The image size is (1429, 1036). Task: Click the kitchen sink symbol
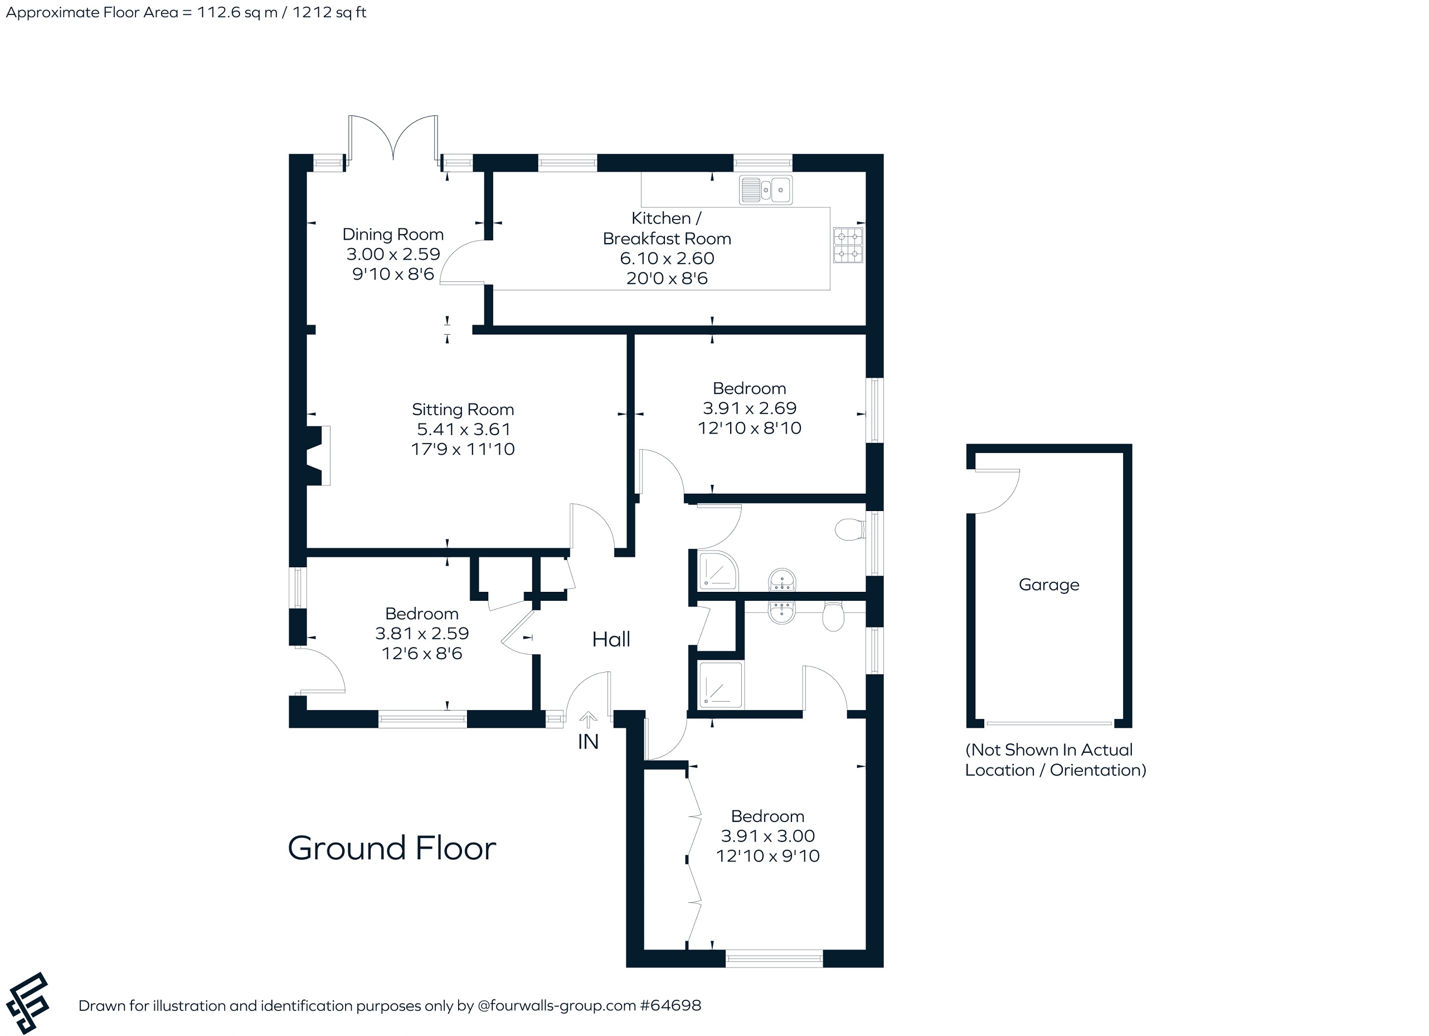coord(766,189)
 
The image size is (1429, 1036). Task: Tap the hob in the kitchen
coord(848,245)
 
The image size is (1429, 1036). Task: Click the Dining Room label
coord(393,235)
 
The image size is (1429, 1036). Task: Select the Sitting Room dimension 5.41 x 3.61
coord(463,429)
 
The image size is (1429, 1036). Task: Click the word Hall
coord(611,640)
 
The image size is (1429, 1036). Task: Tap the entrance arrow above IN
coord(588,719)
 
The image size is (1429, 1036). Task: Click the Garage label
coord(1049,585)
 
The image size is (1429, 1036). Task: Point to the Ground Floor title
coord(392,848)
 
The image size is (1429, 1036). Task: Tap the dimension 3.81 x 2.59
coord(422,633)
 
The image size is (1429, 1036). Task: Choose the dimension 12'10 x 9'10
coord(767,856)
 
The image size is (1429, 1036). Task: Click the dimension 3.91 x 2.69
coord(750,408)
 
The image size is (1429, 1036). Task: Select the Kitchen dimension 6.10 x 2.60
coord(667,259)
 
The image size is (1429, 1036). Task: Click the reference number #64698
coord(670,1005)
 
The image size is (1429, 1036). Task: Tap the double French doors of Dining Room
coord(393,139)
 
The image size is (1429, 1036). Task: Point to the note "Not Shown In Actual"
coord(1049,750)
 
